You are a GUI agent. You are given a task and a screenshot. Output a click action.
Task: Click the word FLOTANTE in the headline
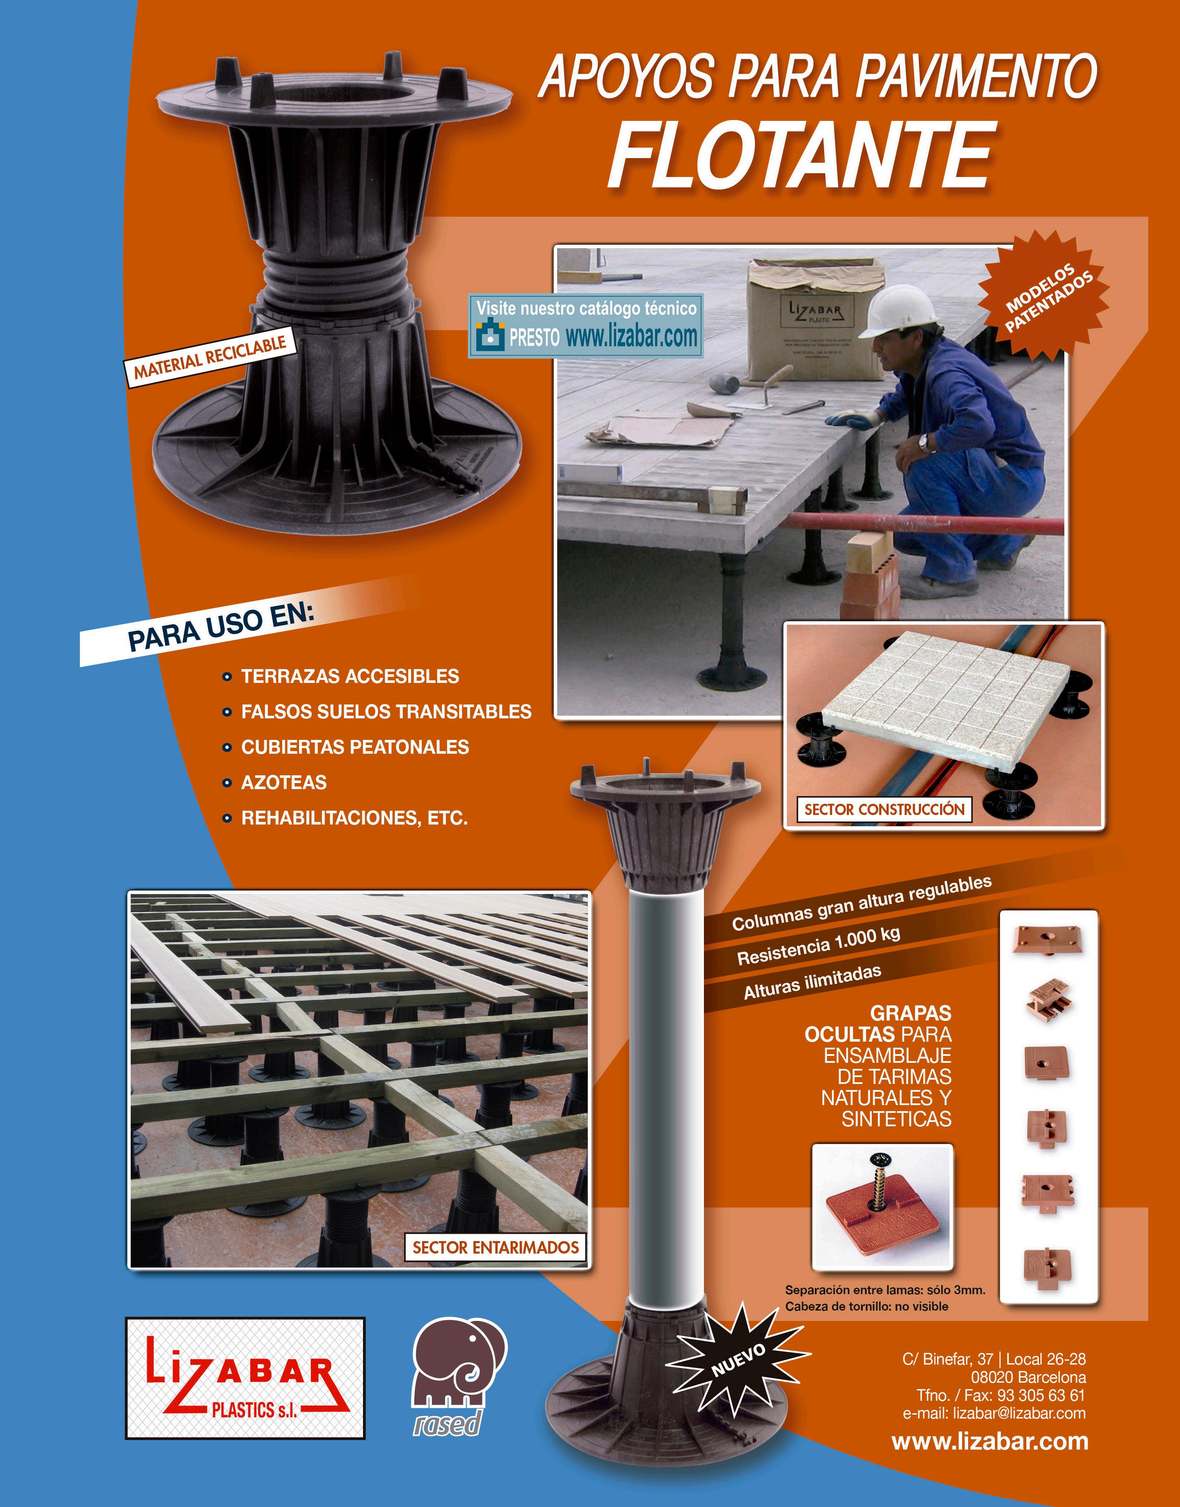tap(801, 155)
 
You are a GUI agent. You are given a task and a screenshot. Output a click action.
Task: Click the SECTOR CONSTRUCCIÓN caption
tap(884, 809)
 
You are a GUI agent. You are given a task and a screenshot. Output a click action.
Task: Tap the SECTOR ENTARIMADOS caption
tap(495, 1247)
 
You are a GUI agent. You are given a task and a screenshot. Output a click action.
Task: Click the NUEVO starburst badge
tap(738, 1360)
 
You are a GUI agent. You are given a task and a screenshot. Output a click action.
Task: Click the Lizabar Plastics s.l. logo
tap(245, 1378)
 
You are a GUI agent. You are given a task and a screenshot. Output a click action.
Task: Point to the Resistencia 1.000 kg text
tap(819, 946)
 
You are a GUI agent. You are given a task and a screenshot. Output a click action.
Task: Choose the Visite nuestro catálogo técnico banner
tap(586, 325)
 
